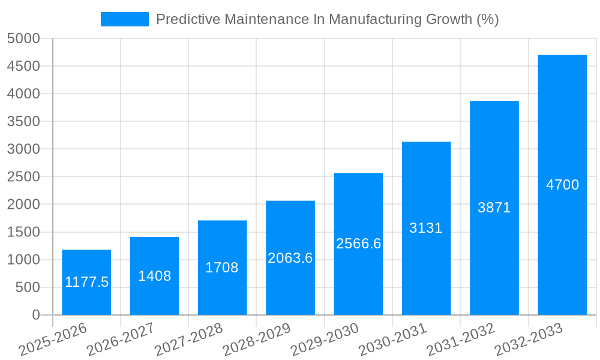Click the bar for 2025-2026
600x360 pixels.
click(x=86, y=300)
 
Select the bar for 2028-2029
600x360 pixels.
click(x=290, y=288)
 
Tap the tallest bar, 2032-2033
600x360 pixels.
click(x=562, y=240)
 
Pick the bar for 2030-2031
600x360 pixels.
click(x=426, y=270)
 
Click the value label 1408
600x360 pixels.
click(x=154, y=276)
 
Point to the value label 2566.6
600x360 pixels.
click(x=358, y=244)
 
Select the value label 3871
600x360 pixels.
click(x=494, y=208)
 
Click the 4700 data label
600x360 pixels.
click(x=562, y=185)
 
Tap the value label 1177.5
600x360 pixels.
click(x=86, y=282)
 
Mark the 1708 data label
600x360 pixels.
click(x=222, y=268)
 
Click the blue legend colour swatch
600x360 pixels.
click(x=124, y=19)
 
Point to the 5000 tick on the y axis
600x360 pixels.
click(x=23, y=38)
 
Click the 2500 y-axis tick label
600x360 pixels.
click(x=23, y=177)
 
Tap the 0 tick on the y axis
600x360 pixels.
click(x=35, y=315)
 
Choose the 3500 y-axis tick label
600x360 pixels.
click(x=23, y=121)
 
